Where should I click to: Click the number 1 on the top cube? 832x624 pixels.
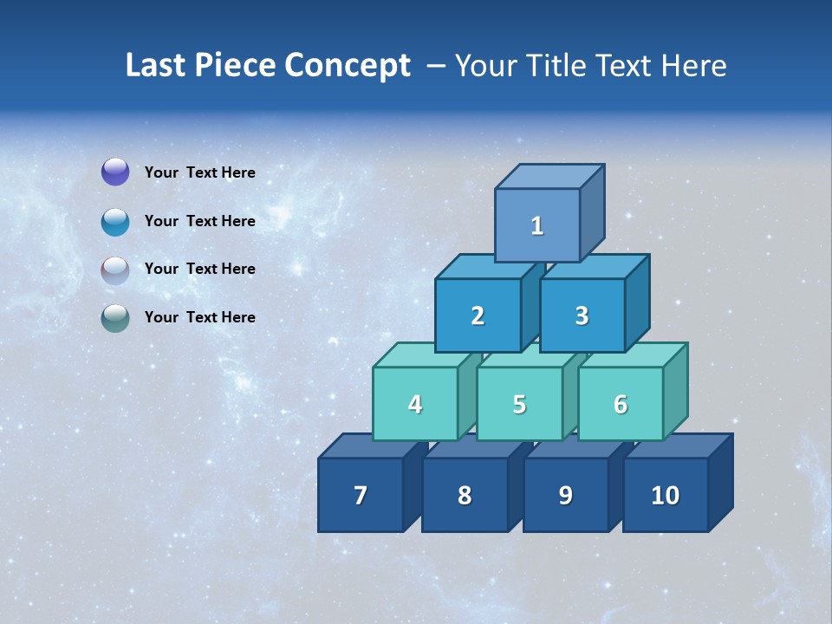tap(537, 226)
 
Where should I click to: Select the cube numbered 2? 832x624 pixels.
tap(478, 315)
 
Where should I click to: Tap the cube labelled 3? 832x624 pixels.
tap(582, 315)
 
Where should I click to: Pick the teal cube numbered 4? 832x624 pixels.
tap(415, 404)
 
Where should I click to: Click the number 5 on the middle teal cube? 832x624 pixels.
tap(519, 404)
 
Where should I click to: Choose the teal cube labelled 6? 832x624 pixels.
tap(621, 404)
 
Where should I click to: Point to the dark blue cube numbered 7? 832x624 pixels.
tap(361, 495)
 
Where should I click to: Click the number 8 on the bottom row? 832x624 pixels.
tap(465, 495)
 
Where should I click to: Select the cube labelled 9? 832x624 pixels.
tap(565, 495)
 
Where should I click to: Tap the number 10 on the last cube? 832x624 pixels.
tap(665, 495)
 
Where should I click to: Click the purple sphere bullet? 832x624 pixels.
tap(115, 172)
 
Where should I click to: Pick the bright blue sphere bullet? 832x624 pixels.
tap(115, 221)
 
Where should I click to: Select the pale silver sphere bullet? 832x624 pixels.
tap(115, 270)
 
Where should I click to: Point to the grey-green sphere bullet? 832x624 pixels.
tap(115, 318)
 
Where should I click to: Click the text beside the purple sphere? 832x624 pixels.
tap(199, 172)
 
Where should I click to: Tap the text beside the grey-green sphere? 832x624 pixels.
tap(199, 317)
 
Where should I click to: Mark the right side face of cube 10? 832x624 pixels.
tap(720, 482)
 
